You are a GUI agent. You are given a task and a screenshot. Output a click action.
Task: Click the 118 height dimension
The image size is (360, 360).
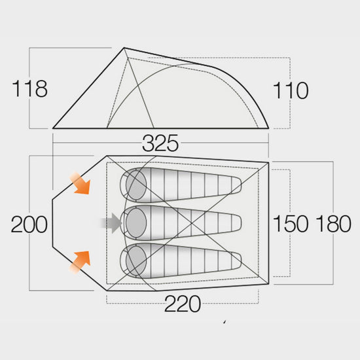pyautogui.click(x=29, y=88)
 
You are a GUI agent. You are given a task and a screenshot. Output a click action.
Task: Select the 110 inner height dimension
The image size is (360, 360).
pyautogui.click(x=291, y=90)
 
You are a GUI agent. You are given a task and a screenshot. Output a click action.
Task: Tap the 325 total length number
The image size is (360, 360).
pyautogui.click(x=160, y=143)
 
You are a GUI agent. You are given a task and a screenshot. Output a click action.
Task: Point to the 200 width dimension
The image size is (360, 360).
pyautogui.click(x=29, y=225)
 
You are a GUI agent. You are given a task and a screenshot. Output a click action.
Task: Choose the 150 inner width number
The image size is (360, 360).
pyautogui.click(x=291, y=223)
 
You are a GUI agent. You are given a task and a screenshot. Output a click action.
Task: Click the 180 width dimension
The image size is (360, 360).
pyautogui.click(x=333, y=223)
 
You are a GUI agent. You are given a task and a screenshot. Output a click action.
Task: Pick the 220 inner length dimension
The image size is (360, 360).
pyautogui.click(x=183, y=304)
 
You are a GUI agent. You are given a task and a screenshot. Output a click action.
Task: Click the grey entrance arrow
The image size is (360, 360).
pyautogui.click(x=111, y=223)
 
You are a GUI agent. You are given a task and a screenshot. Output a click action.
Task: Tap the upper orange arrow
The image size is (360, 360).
pyautogui.click(x=81, y=184)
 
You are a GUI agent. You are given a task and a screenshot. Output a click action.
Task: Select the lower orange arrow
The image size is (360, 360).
pyautogui.click(x=81, y=262)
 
